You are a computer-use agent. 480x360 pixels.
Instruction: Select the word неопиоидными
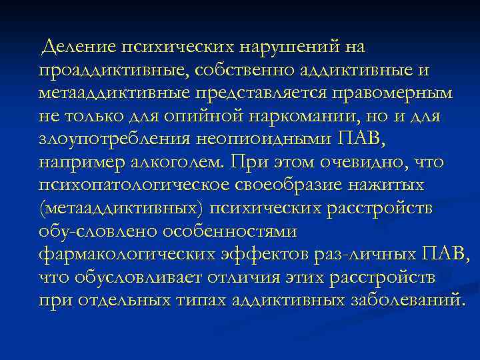[x=259, y=139]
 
